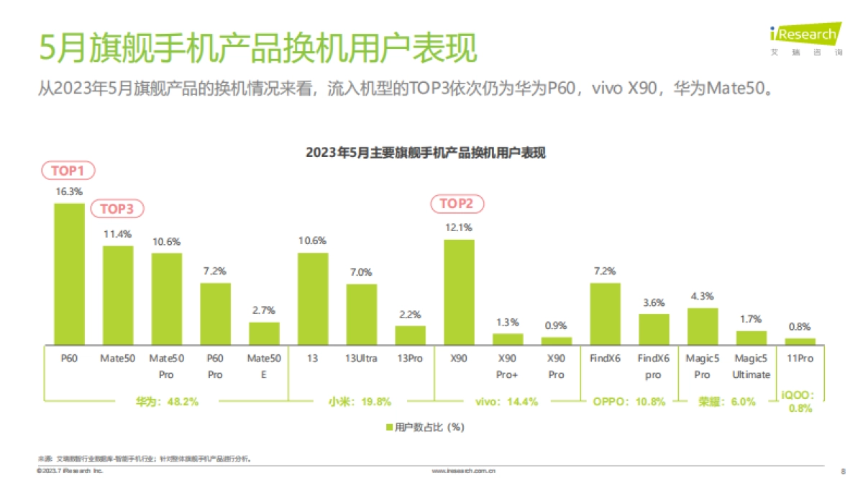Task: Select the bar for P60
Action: click(x=69, y=274)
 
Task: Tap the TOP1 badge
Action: click(x=68, y=171)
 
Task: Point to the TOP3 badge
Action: click(x=117, y=209)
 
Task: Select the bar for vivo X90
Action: click(x=459, y=292)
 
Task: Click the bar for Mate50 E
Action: click(x=264, y=333)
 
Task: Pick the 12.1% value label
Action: click(x=459, y=228)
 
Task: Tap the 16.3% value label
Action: click(x=69, y=192)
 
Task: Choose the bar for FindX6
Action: click(x=605, y=313)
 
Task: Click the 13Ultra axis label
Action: click(x=361, y=358)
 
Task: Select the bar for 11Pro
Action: click(x=800, y=341)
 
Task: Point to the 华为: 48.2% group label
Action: click(x=167, y=402)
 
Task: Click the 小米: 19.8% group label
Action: click(x=361, y=402)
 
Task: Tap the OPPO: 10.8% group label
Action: click(x=629, y=402)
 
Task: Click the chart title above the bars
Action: click(x=426, y=153)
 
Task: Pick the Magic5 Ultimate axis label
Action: click(x=751, y=366)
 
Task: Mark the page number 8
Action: click(x=843, y=472)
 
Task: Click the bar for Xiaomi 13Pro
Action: click(x=410, y=335)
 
